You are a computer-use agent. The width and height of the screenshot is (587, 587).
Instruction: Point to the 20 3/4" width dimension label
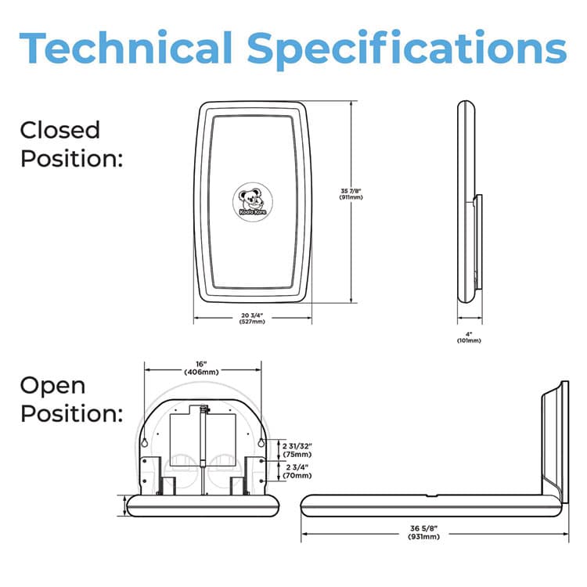[253, 317]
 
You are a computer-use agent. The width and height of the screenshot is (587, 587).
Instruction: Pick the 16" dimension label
[201, 363]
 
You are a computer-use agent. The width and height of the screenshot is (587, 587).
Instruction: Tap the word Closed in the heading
[60, 130]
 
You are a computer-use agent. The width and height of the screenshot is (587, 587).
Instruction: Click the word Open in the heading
[52, 386]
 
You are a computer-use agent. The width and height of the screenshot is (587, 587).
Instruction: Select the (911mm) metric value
[327, 198]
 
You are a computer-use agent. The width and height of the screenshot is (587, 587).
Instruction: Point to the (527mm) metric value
[253, 322]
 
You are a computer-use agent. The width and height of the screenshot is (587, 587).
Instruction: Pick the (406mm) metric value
[201, 373]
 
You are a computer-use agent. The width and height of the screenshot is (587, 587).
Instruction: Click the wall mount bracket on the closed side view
[477, 243]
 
